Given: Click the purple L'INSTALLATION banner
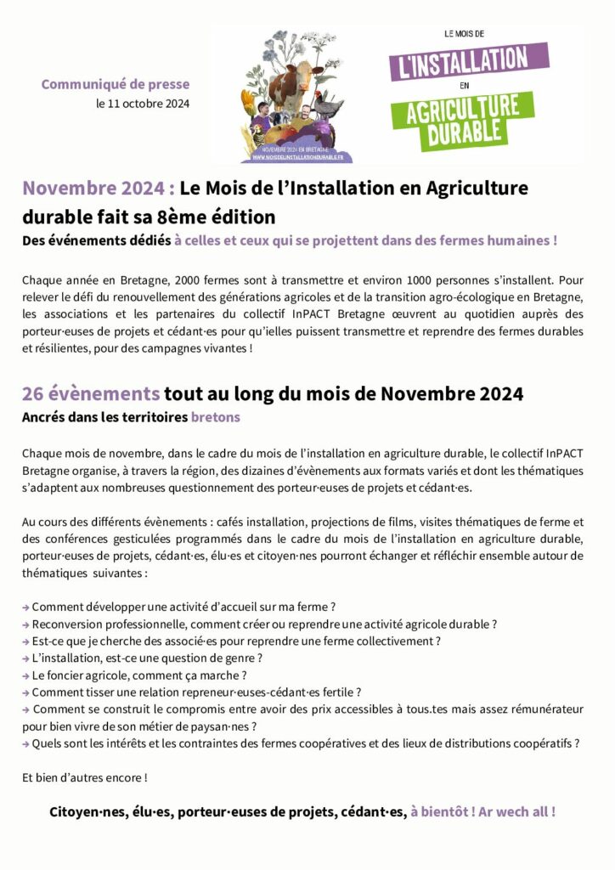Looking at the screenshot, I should coord(469,60).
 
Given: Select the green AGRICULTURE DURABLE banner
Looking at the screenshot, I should coord(463,120).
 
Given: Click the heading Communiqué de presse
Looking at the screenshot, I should coord(116,84).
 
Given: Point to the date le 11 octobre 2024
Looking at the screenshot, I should coord(143,104).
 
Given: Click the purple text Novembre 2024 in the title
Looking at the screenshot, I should coord(99,188).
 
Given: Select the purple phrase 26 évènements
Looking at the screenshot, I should coord(91,394).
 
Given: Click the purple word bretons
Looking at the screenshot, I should coord(216,417).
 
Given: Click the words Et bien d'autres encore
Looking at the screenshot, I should coord(84,777).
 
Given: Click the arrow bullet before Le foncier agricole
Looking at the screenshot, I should coord(25,675).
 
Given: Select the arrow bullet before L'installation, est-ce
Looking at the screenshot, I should coord(25,658).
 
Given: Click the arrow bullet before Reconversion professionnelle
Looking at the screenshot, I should coord(25,624).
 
